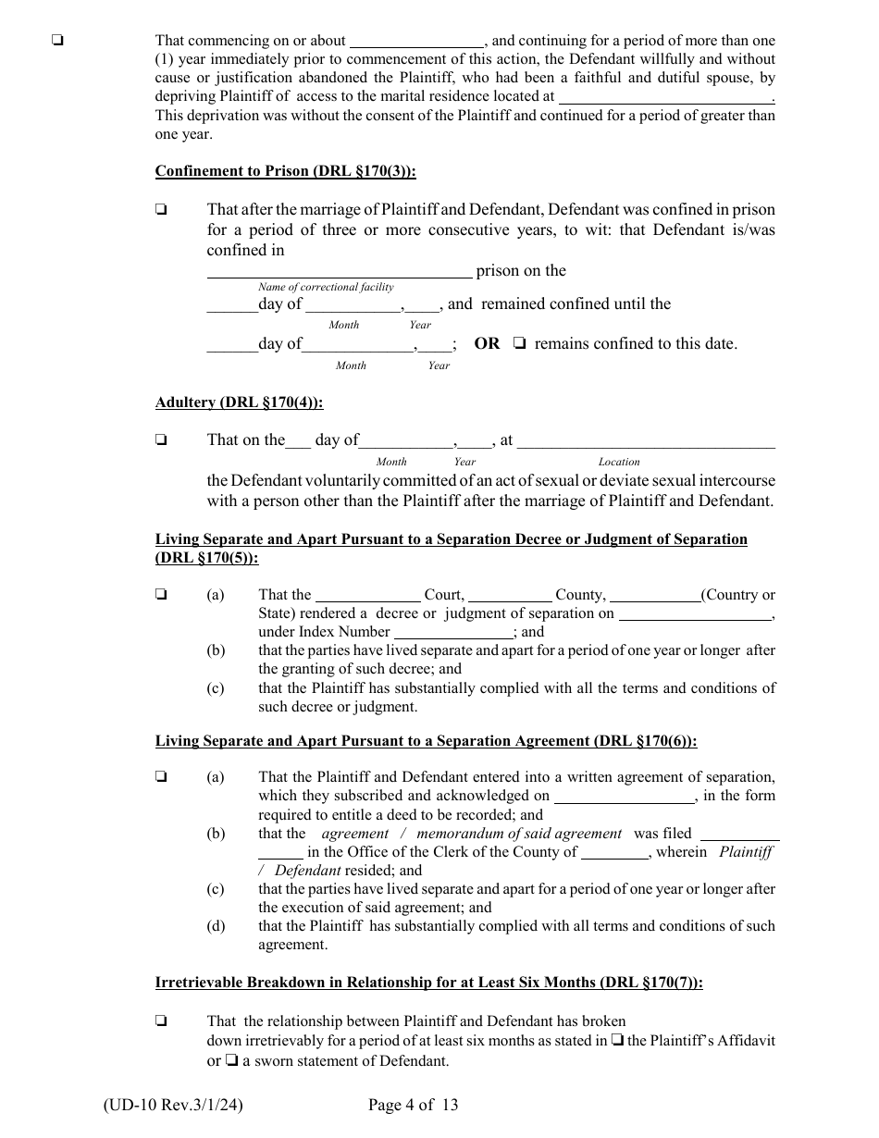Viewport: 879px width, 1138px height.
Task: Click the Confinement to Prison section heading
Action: (x=285, y=171)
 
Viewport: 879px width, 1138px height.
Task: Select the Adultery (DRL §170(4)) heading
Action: (x=239, y=402)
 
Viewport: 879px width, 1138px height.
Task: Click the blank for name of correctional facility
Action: (x=339, y=270)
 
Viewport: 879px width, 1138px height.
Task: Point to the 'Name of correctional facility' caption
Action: (x=326, y=287)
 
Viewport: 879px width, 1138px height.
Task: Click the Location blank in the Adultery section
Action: (x=645, y=442)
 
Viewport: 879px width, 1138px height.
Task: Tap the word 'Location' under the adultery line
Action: (x=619, y=461)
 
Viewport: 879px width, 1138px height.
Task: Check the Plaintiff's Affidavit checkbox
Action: (x=617, y=1041)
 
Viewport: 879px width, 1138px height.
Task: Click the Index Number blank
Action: (x=453, y=633)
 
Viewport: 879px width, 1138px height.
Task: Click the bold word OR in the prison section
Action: (x=487, y=344)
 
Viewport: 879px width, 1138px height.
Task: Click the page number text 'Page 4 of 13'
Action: (x=413, y=1104)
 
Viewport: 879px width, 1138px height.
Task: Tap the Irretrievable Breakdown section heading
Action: (x=428, y=983)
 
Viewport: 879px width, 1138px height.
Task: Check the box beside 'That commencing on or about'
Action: (x=58, y=41)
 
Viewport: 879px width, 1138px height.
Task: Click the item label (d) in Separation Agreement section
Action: (x=216, y=926)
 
